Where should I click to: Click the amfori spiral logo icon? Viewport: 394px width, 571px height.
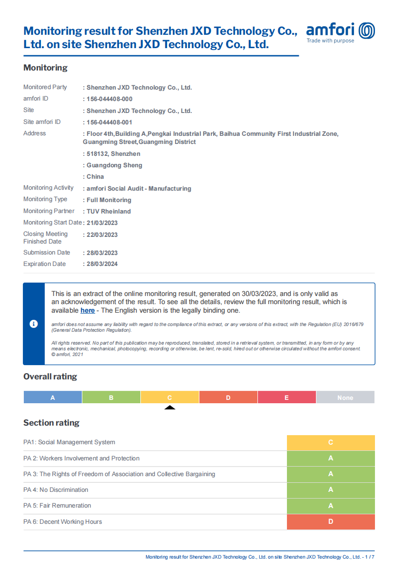point(366,31)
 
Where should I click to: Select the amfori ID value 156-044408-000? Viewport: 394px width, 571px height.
point(109,99)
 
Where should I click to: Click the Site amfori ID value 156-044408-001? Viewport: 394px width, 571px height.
point(109,122)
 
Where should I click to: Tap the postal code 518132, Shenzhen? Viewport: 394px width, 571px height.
point(113,154)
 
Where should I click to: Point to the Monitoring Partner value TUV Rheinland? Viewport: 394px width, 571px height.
point(108,212)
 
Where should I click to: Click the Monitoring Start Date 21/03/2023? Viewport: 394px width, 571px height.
point(102,223)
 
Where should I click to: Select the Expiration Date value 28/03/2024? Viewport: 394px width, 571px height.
point(102,264)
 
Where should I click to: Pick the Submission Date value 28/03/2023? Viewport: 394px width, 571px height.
point(102,253)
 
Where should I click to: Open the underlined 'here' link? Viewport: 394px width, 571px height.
point(88,311)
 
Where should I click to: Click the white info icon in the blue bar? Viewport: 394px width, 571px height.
point(33,324)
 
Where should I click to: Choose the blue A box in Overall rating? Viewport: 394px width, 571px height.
point(53,398)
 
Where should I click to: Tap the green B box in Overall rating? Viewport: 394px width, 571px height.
point(111,398)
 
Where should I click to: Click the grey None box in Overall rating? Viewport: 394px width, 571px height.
point(345,398)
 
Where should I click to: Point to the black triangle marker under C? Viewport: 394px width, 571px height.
point(170,408)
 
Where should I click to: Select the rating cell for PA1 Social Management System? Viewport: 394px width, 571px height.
point(331,443)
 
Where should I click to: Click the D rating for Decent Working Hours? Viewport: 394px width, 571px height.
point(331,522)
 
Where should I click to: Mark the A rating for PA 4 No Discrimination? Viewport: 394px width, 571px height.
point(331,490)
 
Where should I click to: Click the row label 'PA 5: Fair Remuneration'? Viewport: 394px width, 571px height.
point(57,506)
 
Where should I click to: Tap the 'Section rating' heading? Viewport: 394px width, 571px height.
point(51,423)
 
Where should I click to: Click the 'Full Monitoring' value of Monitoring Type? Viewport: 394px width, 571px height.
point(108,200)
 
